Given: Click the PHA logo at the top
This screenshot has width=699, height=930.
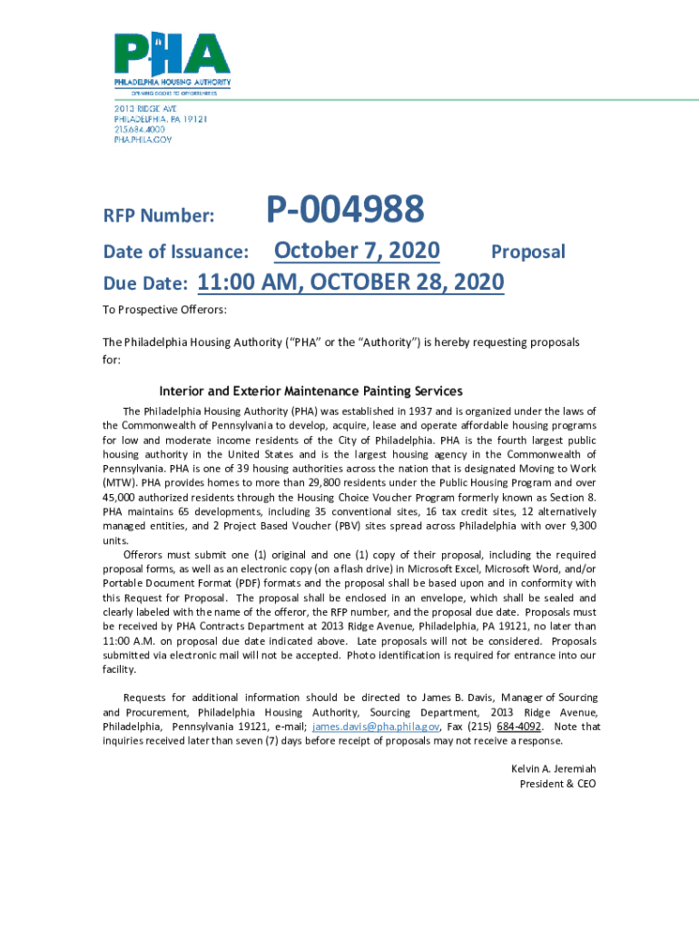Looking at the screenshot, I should pos(172,61).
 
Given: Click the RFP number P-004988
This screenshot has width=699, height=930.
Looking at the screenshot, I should pos(344,210).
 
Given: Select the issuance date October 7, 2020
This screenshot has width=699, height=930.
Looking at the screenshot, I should pos(357,251).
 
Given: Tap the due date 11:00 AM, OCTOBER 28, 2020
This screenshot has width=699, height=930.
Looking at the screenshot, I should pos(350,282).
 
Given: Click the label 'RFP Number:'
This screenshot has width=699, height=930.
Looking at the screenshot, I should pos(159,216).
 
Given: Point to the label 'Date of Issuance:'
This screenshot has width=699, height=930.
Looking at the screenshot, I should pos(176,252).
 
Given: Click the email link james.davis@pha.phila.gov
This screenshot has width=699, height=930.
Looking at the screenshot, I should pos(377,727).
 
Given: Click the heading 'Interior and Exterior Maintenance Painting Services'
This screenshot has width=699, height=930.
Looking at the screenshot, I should pos(310,391).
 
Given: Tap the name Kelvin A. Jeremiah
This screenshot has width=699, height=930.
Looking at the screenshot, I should pos(554,768).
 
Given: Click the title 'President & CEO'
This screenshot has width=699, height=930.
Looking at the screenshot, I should pos(557,783).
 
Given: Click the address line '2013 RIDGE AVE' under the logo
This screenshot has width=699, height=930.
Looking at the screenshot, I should pos(145,108).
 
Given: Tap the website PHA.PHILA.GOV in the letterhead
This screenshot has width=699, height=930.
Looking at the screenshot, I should pos(143,140).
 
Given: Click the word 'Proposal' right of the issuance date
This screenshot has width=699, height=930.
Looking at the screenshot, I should pos(527,252).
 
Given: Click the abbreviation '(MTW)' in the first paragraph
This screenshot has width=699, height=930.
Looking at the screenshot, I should pos(118,483).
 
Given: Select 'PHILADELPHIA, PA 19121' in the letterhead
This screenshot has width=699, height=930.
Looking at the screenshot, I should pos(161,119).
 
